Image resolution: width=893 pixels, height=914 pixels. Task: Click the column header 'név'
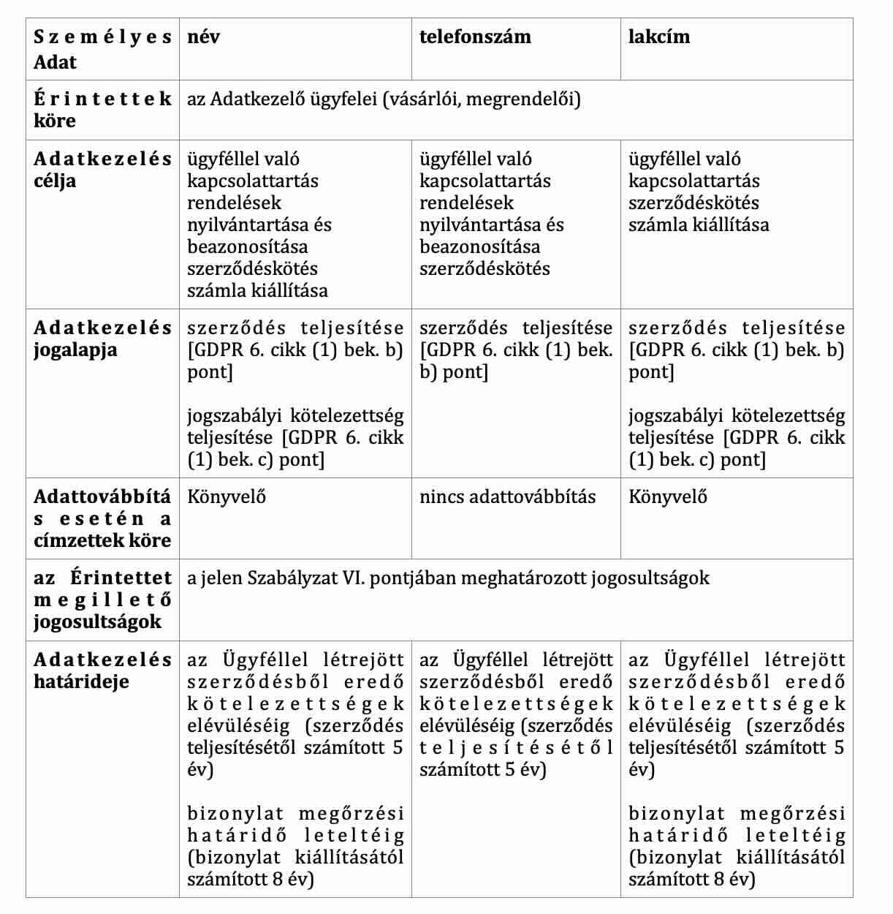tap(203, 37)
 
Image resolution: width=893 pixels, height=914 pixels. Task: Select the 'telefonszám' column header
tap(475, 37)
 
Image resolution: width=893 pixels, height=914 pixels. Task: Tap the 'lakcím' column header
tap(658, 37)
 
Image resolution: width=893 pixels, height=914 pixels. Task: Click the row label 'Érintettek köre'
tap(102, 109)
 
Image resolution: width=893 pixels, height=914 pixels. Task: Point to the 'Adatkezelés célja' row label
tap(102, 170)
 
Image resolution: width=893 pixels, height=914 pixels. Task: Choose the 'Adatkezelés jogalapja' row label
tap(102, 339)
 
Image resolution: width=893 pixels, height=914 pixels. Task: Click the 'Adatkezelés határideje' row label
tap(102, 671)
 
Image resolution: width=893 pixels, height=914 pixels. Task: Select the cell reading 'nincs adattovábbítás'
tap(507, 497)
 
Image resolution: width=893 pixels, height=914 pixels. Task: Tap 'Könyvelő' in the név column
tap(227, 497)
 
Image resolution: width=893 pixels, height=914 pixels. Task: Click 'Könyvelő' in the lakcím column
tap(668, 497)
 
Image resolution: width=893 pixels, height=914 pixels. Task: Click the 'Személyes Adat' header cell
tap(102, 49)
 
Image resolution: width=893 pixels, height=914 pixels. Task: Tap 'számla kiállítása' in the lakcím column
tap(699, 224)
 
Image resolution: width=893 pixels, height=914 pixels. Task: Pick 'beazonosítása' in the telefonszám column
tap(480, 246)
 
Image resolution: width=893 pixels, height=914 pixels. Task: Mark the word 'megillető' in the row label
tap(102, 600)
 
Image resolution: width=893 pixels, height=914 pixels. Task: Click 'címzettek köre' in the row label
tap(102, 541)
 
